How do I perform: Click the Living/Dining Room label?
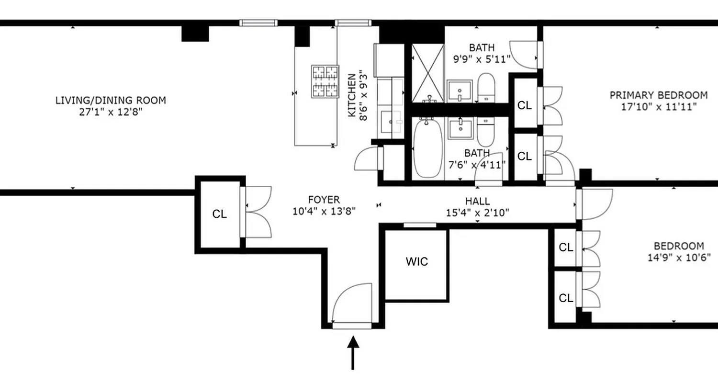click(111, 101)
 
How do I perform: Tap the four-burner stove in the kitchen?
click(325, 81)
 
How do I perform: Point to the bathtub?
click(427, 148)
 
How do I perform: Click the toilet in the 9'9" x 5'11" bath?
click(486, 87)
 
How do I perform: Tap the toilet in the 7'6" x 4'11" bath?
click(486, 132)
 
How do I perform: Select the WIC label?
click(416, 262)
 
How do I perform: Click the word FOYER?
click(324, 200)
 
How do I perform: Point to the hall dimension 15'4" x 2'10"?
click(477, 213)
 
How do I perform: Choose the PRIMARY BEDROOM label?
click(658, 95)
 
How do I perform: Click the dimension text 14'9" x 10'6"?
click(679, 257)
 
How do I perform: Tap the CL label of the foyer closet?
click(219, 214)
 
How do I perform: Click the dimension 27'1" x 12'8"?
click(111, 112)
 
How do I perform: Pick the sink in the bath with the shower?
click(460, 91)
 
